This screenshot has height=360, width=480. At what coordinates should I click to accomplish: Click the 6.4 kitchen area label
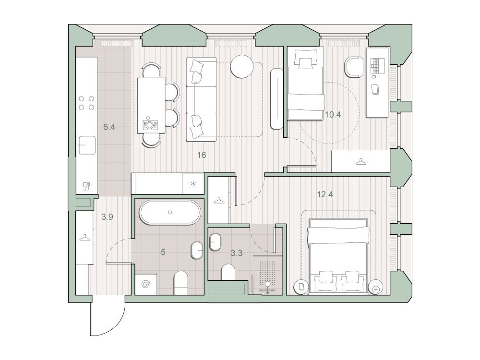pos(109,127)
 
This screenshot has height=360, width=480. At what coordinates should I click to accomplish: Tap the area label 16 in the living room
pos(202,155)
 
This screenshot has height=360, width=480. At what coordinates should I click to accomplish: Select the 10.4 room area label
pos(333,115)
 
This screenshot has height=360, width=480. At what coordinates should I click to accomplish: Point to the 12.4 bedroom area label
pos(325,194)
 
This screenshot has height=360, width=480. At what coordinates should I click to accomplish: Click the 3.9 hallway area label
pos(107,217)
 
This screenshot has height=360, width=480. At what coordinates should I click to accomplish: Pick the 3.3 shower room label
pos(237,253)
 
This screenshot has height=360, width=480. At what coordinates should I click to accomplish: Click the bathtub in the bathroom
pos(170,213)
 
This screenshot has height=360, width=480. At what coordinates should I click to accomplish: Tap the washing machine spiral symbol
pos(146,284)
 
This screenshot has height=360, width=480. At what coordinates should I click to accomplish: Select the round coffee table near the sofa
pos(242,67)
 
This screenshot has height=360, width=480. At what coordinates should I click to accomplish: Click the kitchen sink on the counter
pos(87,145)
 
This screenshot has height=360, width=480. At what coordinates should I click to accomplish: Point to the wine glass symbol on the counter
pos(86,186)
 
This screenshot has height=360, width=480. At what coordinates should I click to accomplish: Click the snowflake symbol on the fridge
pos(193,184)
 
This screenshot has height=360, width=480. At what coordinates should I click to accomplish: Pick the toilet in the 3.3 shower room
pos(228,272)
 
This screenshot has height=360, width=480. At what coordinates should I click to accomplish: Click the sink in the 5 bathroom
pos(197,251)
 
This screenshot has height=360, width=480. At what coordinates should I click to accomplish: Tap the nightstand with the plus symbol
pos(376,288)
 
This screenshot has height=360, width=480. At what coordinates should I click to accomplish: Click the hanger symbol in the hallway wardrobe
pos(85,237)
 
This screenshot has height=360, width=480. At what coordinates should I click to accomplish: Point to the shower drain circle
pos(268,284)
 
